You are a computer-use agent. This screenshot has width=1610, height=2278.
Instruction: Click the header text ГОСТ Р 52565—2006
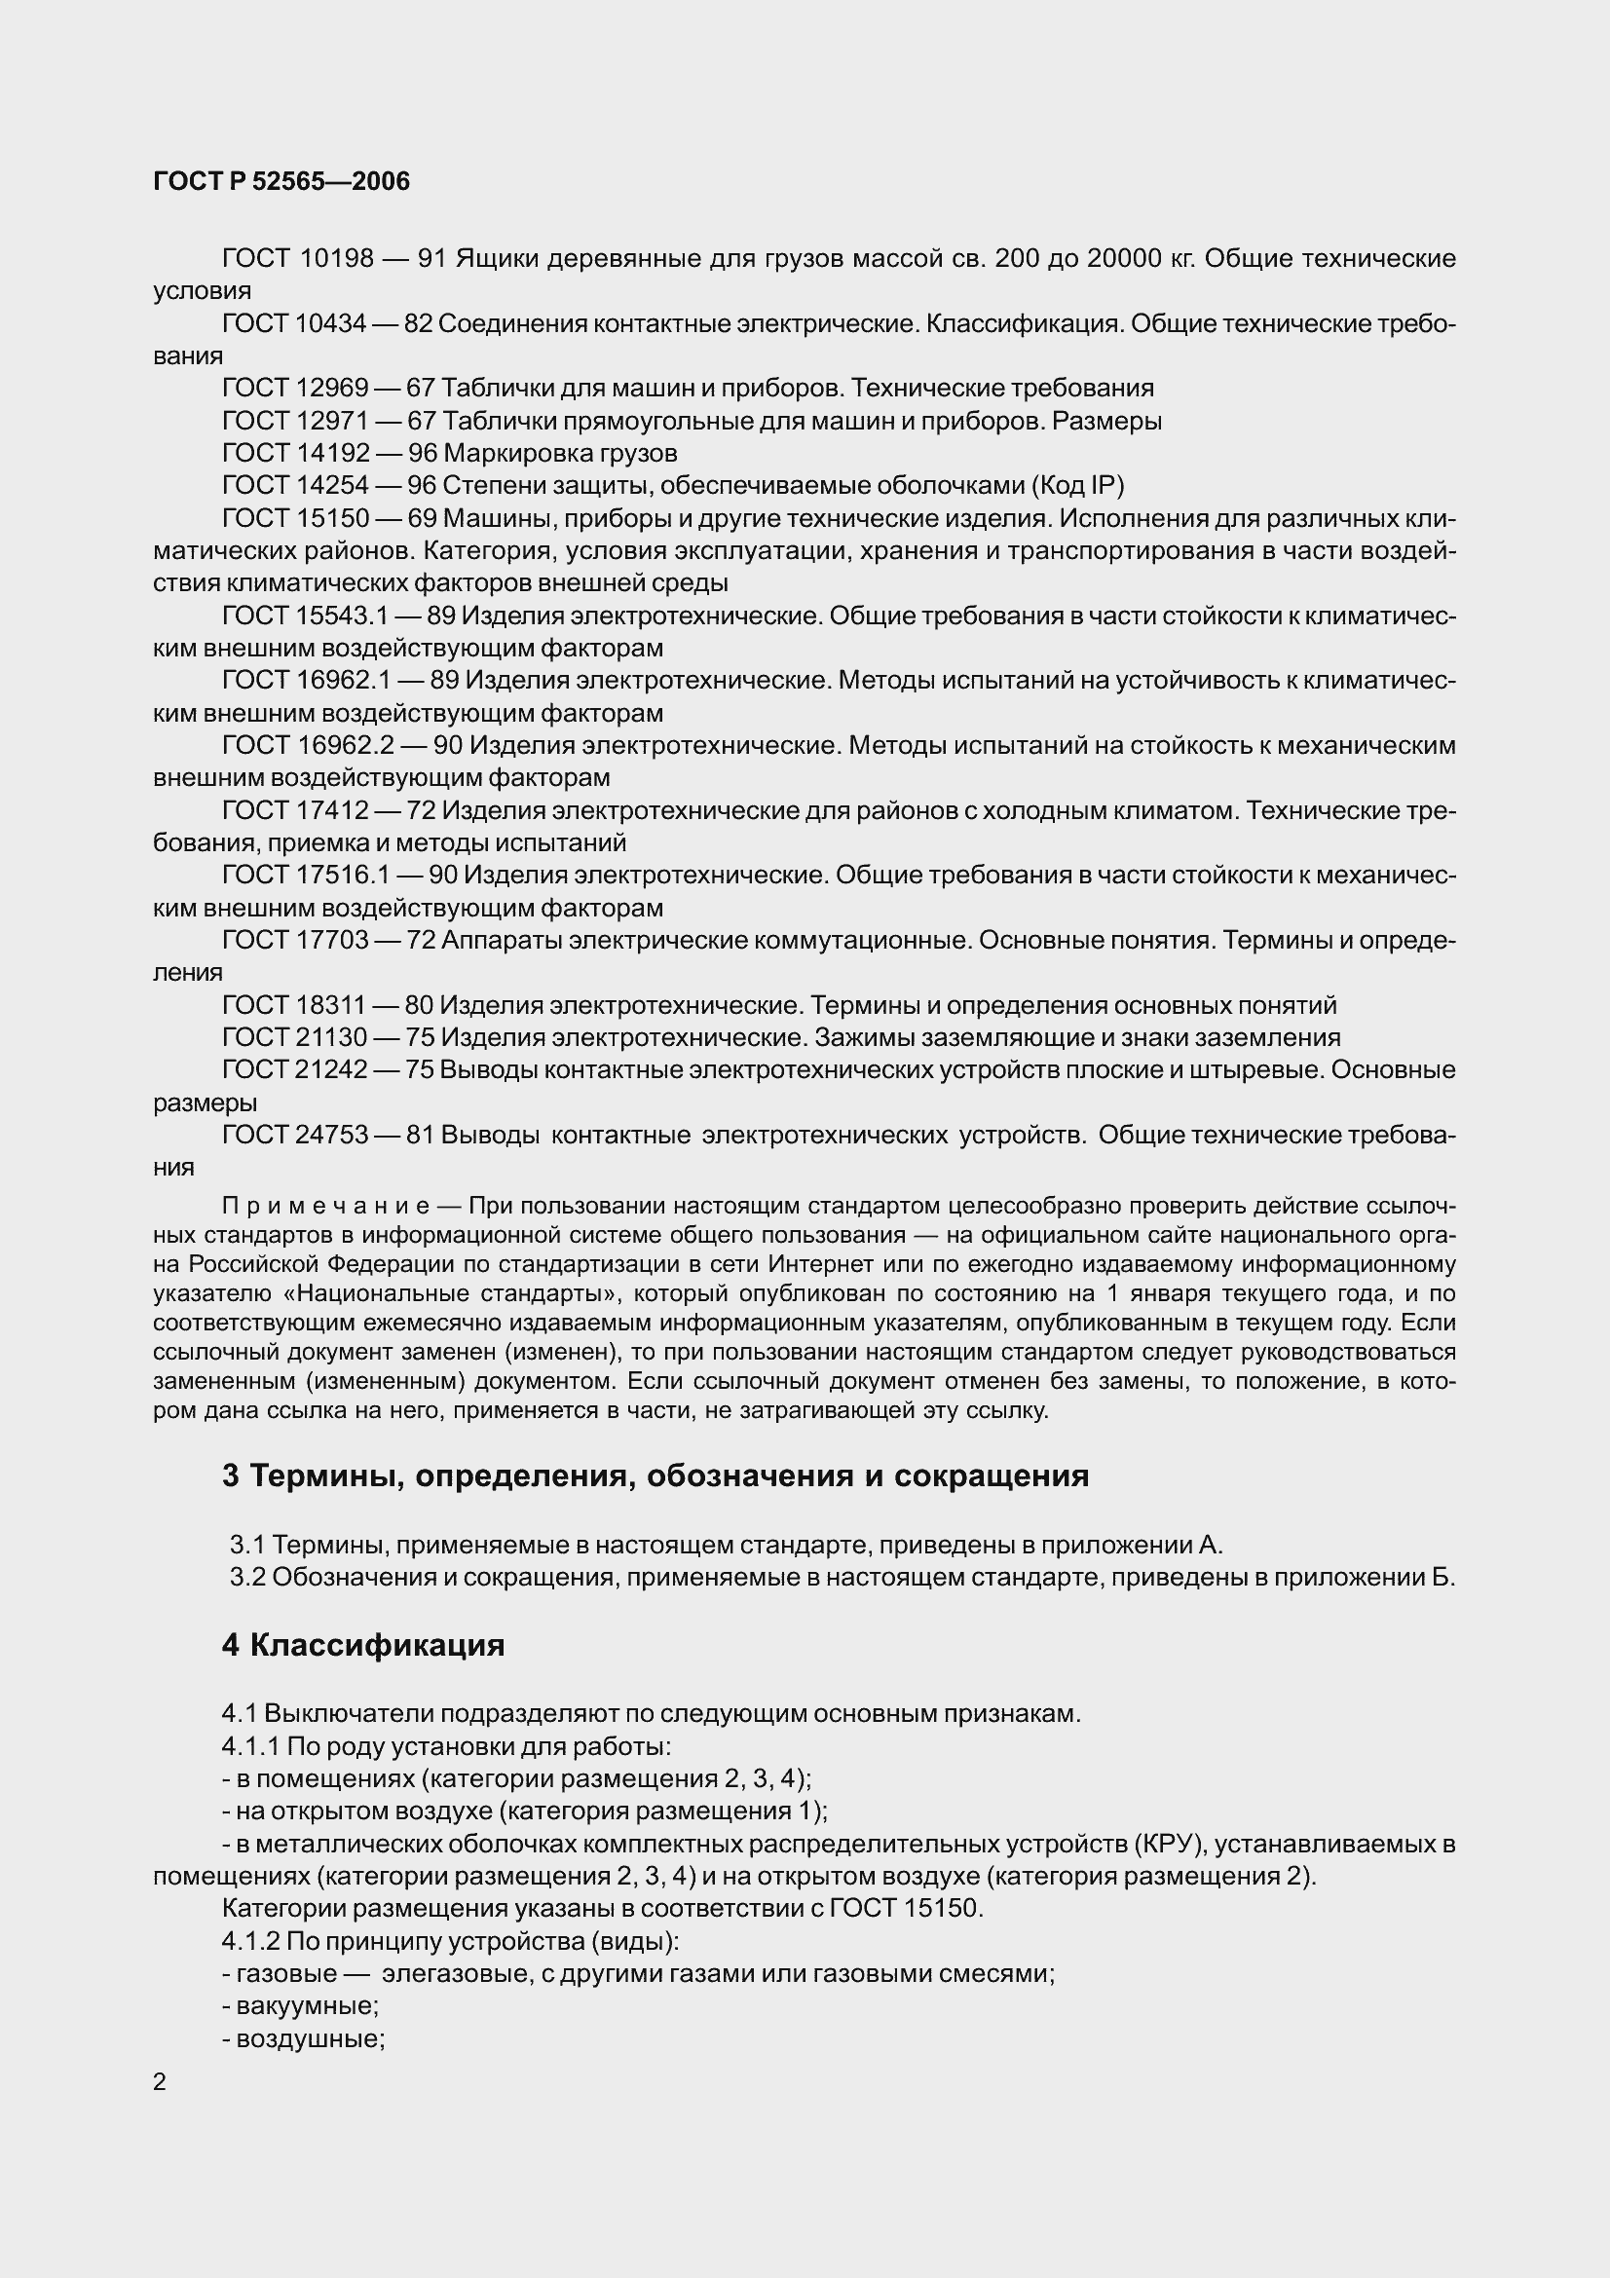point(281,181)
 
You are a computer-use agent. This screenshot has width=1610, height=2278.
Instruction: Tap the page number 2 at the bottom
point(160,2081)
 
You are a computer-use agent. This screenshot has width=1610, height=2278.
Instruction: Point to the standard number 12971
point(332,421)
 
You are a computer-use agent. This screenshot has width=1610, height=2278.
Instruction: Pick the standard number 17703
point(332,940)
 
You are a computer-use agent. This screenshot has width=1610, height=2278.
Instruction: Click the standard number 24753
point(332,1134)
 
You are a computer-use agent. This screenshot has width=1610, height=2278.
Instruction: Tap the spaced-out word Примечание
point(325,1207)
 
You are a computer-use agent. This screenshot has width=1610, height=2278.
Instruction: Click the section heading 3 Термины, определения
point(655,1475)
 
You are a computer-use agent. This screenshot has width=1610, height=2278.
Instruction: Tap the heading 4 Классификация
point(363,1645)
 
